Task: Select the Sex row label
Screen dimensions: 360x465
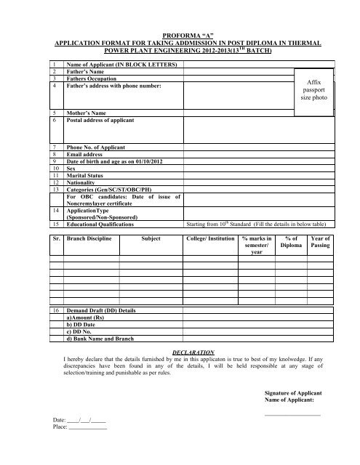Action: (72, 168)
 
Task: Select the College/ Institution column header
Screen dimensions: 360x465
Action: (210, 238)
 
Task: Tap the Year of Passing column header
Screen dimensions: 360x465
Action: (319, 242)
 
